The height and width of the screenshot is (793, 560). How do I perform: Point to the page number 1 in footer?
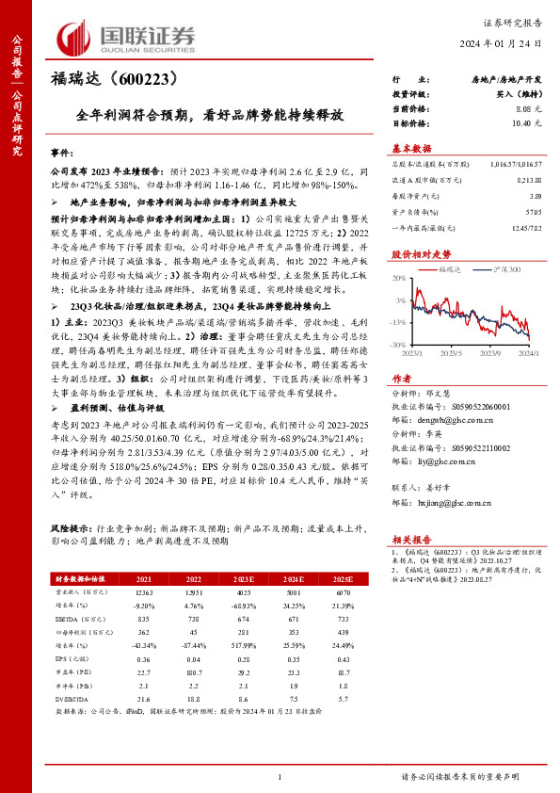pos(280,776)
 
